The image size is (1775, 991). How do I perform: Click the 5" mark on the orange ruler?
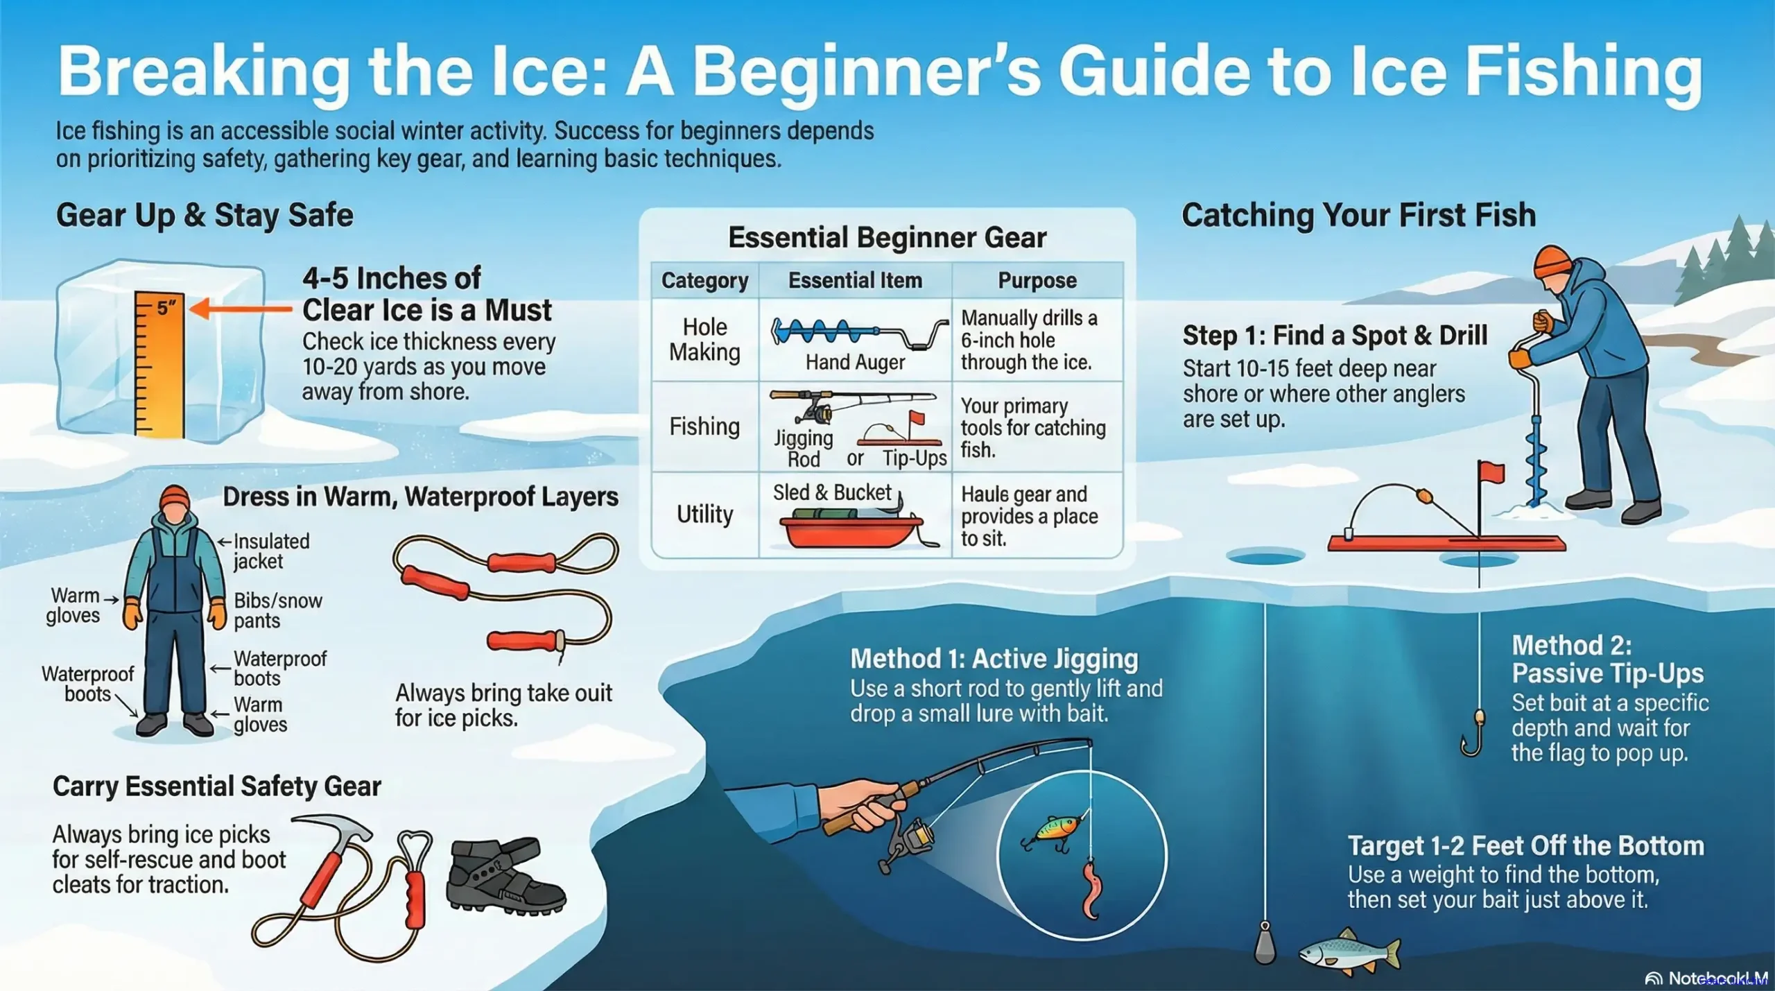(x=165, y=307)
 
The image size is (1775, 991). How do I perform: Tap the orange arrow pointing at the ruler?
(x=240, y=309)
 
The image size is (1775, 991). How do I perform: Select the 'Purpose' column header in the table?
(x=1037, y=280)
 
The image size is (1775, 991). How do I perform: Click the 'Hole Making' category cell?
(x=704, y=340)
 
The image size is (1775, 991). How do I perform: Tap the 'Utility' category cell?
(x=704, y=514)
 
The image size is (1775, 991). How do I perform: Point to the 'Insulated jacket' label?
(x=271, y=551)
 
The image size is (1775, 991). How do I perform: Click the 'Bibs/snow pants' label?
(x=277, y=610)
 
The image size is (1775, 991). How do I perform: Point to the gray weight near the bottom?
(x=1265, y=944)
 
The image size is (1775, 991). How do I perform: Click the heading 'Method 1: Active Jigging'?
(x=994, y=658)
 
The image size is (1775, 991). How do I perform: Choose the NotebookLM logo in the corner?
(x=1706, y=978)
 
